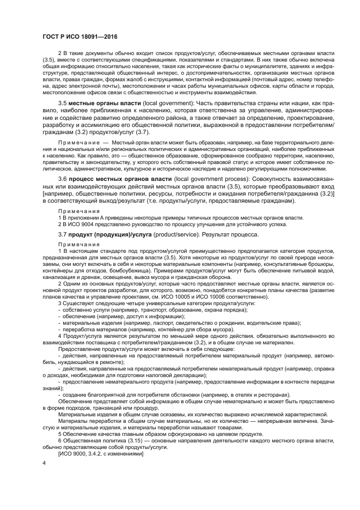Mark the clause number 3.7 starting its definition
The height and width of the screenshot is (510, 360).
pos(62,234)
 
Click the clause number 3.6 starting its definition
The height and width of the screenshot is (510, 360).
pos(62,178)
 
